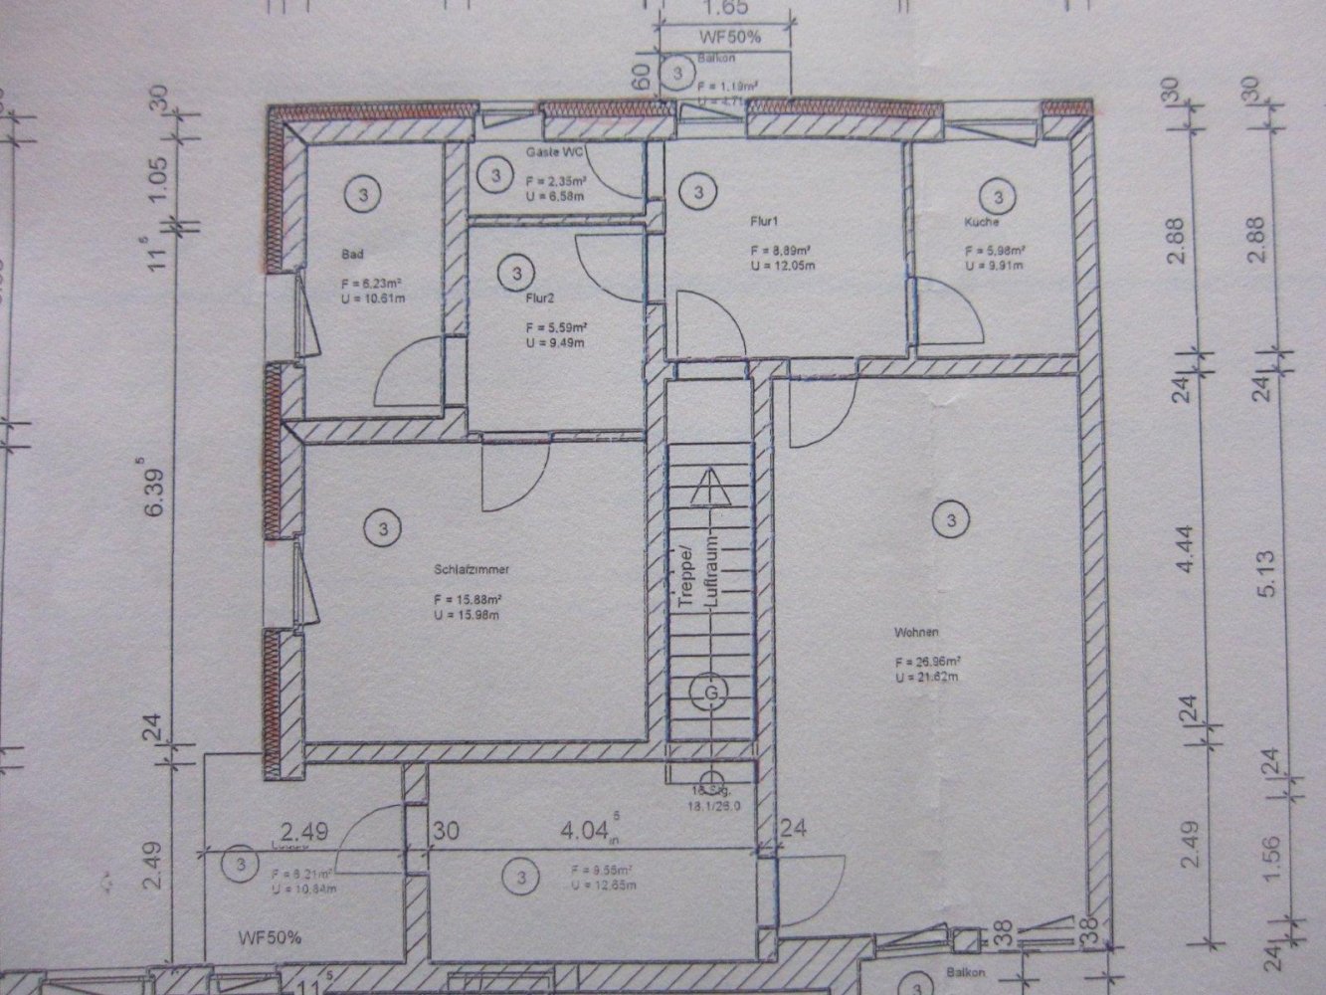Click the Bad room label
(x=351, y=255)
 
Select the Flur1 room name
(x=762, y=226)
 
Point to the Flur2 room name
(x=538, y=296)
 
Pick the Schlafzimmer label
(x=472, y=571)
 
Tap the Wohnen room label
(x=910, y=632)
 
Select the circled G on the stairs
(x=711, y=692)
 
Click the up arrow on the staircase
(x=710, y=488)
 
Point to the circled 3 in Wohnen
(x=952, y=518)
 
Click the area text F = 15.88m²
(x=467, y=600)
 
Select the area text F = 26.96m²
(x=926, y=661)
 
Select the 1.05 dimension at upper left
(x=155, y=184)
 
